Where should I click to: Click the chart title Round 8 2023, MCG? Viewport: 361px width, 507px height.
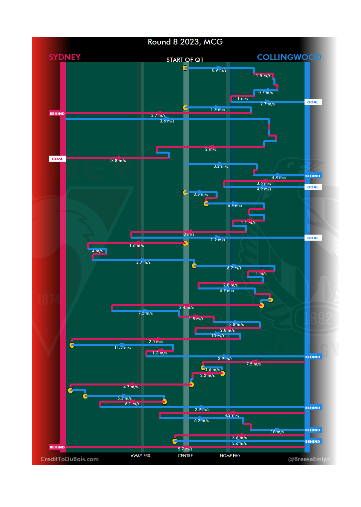(x=185, y=42)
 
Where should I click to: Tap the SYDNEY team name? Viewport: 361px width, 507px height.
(x=65, y=57)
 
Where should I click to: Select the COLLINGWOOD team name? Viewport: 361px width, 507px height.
(x=289, y=57)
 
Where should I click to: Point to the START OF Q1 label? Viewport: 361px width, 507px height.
(x=185, y=60)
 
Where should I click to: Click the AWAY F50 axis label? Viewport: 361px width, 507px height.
(x=140, y=456)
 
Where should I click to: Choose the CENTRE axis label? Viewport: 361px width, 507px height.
(x=185, y=456)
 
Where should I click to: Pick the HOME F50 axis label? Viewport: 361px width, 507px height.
(x=230, y=456)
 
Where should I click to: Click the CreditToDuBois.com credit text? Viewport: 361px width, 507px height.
(x=70, y=459)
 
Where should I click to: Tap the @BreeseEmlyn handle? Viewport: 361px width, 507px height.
(x=309, y=459)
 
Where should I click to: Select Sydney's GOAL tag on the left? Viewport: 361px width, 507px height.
(x=57, y=159)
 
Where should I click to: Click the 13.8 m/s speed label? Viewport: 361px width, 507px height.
(x=117, y=161)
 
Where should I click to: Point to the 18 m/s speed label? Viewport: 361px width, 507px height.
(x=277, y=432)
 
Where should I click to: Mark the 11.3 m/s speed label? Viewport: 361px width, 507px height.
(x=123, y=347)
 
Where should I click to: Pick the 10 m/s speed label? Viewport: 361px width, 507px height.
(x=218, y=336)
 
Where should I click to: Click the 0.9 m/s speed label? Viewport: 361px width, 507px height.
(x=219, y=70)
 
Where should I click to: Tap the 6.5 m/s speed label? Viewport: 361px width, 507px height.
(x=235, y=206)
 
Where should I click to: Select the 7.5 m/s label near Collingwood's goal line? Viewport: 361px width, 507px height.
(x=253, y=364)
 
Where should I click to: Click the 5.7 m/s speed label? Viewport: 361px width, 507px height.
(x=185, y=449)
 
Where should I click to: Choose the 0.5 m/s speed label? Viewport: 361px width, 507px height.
(x=201, y=194)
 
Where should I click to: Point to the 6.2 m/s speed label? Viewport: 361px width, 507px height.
(x=201, y=421)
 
